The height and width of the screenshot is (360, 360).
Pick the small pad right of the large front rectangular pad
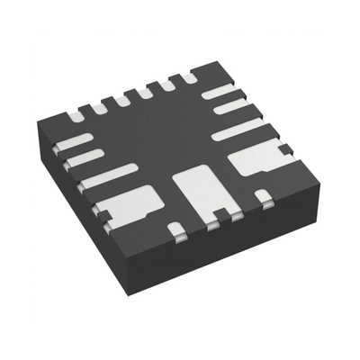coord(262,195)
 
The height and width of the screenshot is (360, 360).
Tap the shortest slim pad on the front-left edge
coord(74,141)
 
